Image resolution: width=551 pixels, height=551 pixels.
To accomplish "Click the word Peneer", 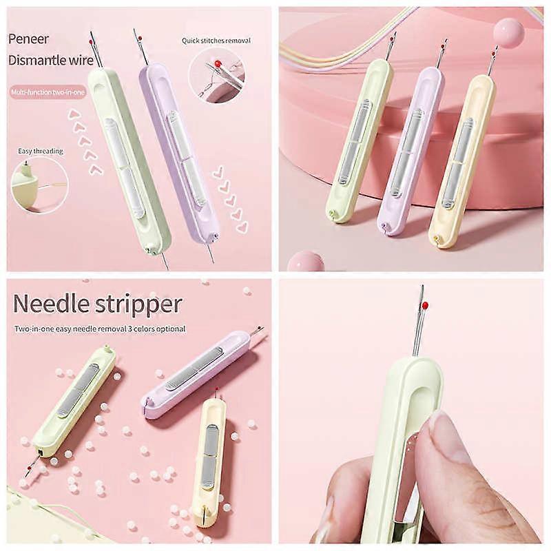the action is pos(28,39).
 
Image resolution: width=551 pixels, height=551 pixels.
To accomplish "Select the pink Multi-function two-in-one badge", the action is pos(48,92).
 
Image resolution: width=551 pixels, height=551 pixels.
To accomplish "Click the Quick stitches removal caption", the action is pos(216,41).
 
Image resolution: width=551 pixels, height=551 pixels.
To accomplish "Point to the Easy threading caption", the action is pos(41,151).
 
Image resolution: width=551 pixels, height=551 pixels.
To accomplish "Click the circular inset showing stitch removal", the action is pos(216,75).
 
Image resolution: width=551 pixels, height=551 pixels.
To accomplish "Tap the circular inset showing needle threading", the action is pos(40,185).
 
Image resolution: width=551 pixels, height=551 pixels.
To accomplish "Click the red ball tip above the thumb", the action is pos(426,304).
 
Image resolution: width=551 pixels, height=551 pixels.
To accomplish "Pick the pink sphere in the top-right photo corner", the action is pos(508,32).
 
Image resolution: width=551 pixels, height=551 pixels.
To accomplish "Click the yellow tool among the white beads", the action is pos(210,459).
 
